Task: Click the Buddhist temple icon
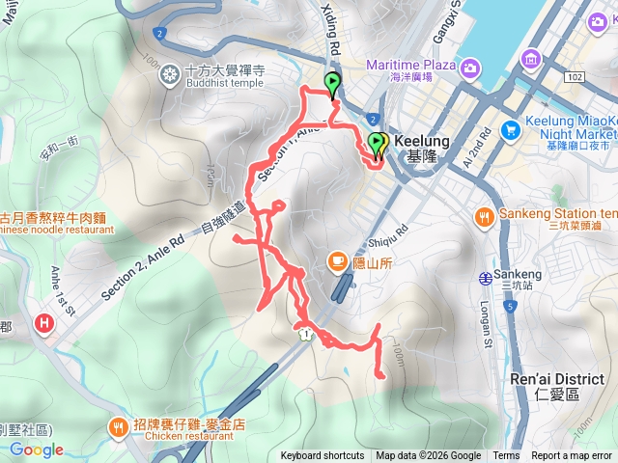170,73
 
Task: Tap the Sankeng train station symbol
485,279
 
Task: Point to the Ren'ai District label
558,379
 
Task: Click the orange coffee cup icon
336,259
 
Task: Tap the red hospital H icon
43,324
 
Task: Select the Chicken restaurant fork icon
119,423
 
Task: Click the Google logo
37,449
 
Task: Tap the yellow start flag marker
379,145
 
